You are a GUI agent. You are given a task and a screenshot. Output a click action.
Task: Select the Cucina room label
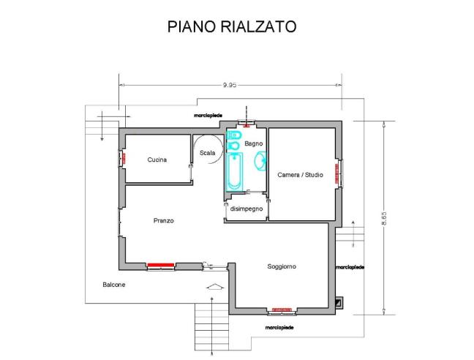157,160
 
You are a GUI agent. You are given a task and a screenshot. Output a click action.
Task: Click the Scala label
207,152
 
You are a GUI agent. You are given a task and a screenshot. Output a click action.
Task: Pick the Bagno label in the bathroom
254,143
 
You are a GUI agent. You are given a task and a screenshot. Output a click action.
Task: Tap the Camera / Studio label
300,175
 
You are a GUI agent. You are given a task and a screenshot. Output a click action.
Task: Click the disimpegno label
246,209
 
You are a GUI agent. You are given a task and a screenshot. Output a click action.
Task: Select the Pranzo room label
163,220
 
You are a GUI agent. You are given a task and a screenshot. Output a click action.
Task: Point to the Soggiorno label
282,266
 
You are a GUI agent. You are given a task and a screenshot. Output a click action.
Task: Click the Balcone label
113,284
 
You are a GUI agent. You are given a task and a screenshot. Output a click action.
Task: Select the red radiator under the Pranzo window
159,266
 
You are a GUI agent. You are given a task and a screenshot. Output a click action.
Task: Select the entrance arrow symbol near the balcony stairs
213,286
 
